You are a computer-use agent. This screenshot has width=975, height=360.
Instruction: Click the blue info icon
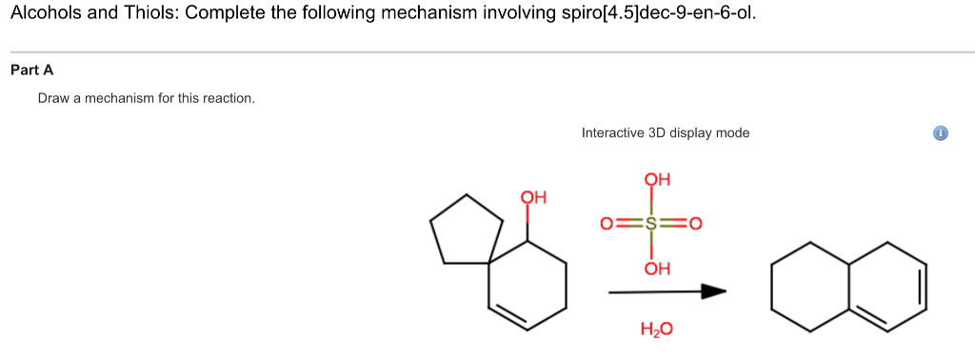pyautogui.click(x=940, y=133)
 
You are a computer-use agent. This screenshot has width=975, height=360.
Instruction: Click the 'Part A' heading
pyautogui.click(x=31, y=70)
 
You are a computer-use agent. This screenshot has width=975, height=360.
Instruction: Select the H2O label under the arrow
pyautogui.click(x=657, y=330)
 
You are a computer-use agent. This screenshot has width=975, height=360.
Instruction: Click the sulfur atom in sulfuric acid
pyautogui.click(x=651, y=225)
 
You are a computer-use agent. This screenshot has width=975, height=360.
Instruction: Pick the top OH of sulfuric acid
pyautogui.click(x=658, y=179)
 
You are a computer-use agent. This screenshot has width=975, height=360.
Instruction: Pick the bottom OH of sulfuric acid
pyautogui.click(x=658, y=269)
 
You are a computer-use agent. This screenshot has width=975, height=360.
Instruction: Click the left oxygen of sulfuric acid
pyautogui.click(x=606, y=225)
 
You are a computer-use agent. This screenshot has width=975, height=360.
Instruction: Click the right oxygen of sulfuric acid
pyautogui.click(x=695, y=225)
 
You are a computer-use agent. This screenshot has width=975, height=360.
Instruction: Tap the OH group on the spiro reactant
pyautogui.click(x=533, y=198)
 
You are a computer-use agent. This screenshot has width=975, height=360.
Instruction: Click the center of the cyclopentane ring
pyautogui.click(x=467, y=231)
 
